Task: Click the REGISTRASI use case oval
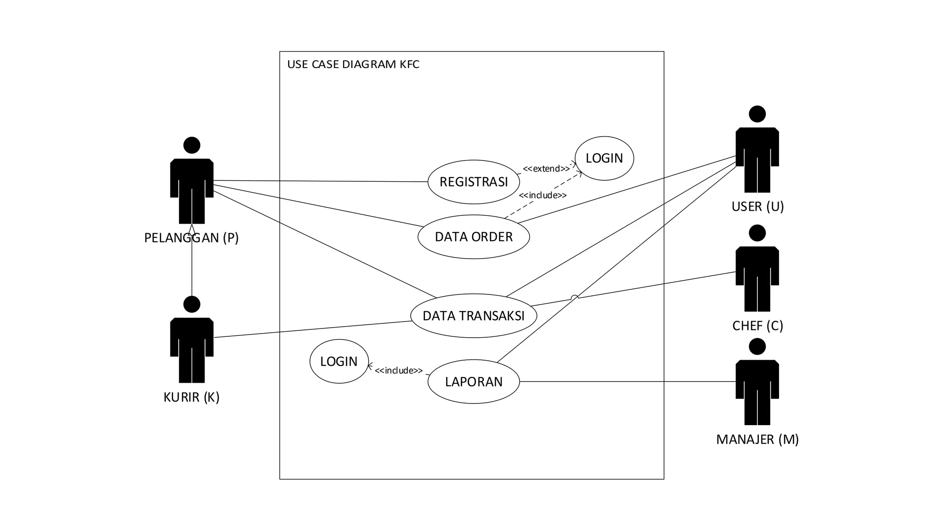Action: tap(473, 182)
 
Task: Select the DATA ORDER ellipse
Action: tap(473, 237)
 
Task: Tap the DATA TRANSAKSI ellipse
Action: tap(473, 316)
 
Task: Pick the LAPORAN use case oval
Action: tap(473, 381)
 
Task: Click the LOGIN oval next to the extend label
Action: tap(604, 158)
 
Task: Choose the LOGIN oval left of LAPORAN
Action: tap(339, 361)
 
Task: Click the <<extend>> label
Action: tap(546, 169)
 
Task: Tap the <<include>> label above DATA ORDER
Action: tap(542, 195)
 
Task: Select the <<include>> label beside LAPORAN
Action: tap(398, 370)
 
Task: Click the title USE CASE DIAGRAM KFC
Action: tap(353, 64)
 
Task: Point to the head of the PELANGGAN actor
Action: tap(192, 145)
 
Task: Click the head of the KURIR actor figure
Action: tap(192, 304)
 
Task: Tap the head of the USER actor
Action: tap(757, 114)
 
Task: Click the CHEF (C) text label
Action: tap(757, 326)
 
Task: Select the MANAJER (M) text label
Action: tap(757, 439)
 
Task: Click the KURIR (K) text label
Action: tap(192, 397)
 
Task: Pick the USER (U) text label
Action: tap(757, 207)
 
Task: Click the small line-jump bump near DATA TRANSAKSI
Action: tap(574, 297)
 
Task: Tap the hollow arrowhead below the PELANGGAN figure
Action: tap(192, 229)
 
